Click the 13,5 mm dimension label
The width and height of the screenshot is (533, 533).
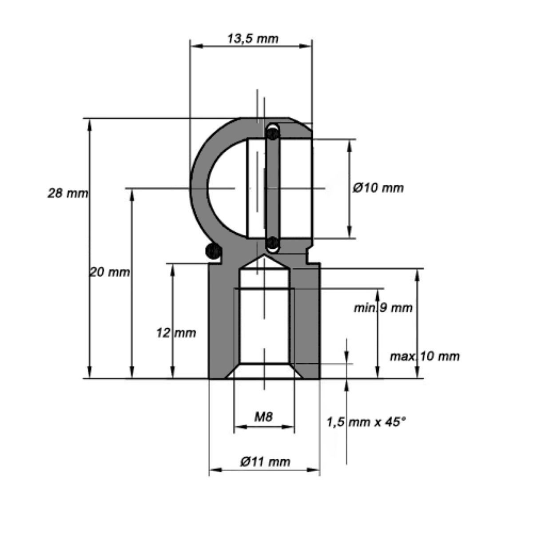point(253,39)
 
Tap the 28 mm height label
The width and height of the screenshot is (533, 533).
point(68,193)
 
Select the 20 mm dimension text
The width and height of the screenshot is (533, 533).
point(110,272)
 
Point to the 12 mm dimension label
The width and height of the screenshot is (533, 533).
point(176,333)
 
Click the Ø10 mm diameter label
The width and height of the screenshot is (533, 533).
point(378,188)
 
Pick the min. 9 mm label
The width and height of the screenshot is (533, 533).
point(383,308)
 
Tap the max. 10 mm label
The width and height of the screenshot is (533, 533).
point(425,357)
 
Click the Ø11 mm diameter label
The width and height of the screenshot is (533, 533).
point(265,462)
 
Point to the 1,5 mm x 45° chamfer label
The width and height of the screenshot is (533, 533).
point(366,422)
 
